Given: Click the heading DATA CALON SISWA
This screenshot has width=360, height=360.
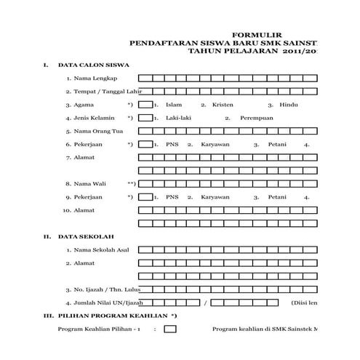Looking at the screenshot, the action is pyautogui.click(x=89, y=65).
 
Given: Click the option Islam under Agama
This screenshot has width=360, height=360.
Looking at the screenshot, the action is pyautogui.click(x=173, y=105).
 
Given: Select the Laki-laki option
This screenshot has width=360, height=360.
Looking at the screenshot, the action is pyautogui.click(x=179, y=118).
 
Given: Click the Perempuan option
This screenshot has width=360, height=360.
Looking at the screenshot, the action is pyautogui.click(x=254, y=118).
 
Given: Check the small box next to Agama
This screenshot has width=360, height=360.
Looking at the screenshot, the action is pyautogui.click(x=145, y=105).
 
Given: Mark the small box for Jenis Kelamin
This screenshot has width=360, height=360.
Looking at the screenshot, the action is pyautogui.click(x=145, y=118).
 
